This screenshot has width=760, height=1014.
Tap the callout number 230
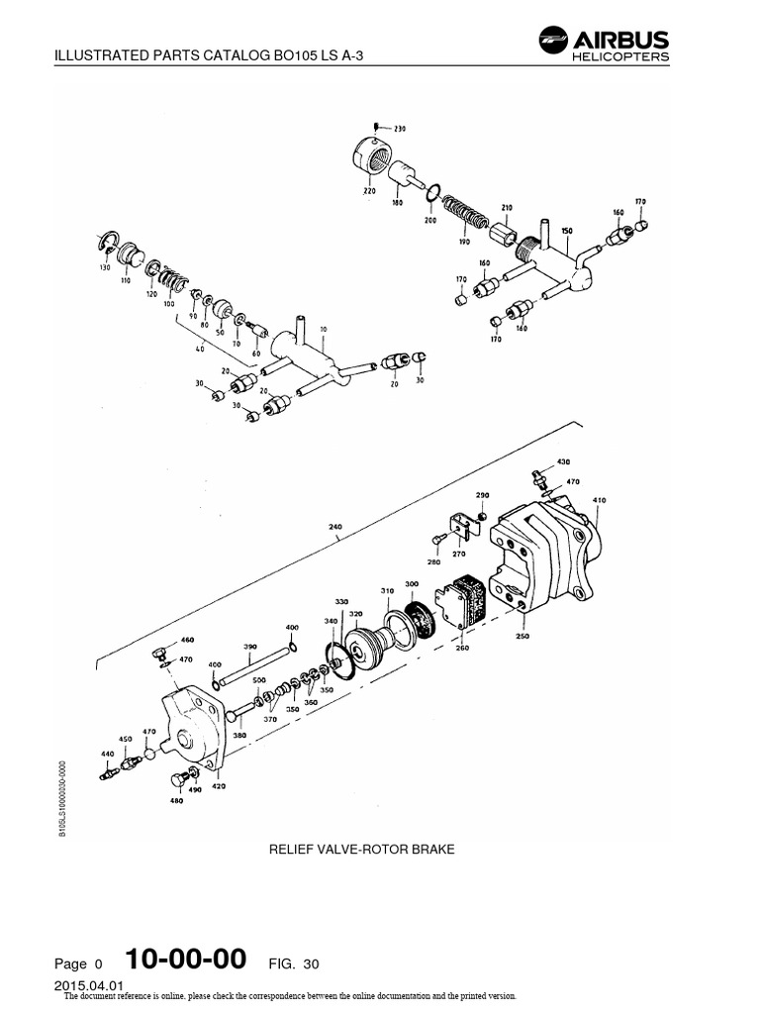pyautogui.click(x=400, y=129)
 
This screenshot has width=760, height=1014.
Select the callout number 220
pyautogui.click(x=368, y=190)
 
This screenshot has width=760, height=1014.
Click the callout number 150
pyautogui.click(x=567, y=230)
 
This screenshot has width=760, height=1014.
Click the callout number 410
pyautogui.click(x=598, y=500)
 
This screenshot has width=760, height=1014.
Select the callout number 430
pyautogui.click(x=564, y=462)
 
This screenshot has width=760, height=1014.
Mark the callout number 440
pyautogui.click(x=106, y=754)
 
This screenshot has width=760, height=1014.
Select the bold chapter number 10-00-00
pyautogui.click(x=186, y=960)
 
